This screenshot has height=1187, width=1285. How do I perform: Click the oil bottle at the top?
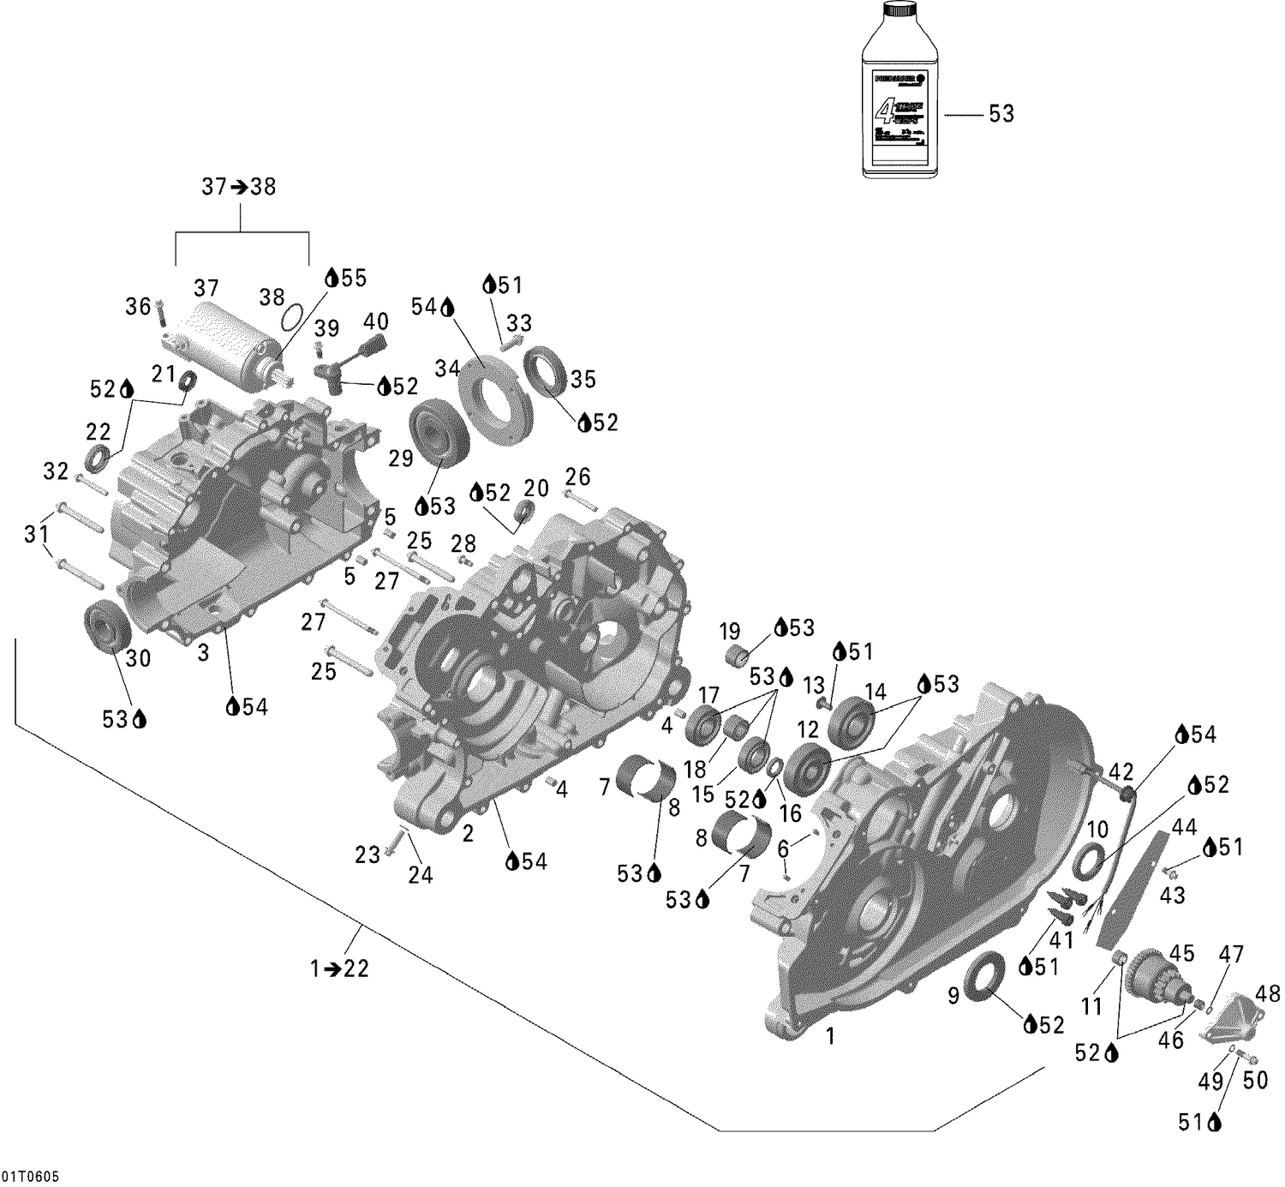(899, 94)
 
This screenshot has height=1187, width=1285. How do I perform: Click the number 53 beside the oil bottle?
(1001, 114)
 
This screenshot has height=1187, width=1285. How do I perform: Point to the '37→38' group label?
(239, 187)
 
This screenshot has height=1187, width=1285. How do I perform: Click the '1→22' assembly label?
(339, 968)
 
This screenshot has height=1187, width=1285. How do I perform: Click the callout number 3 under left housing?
(203, 653)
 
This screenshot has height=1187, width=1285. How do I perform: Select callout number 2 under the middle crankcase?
(468, 833)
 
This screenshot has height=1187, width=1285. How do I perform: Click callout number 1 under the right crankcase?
(829, 1036)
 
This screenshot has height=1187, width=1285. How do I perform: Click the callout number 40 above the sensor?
(376, 322)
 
